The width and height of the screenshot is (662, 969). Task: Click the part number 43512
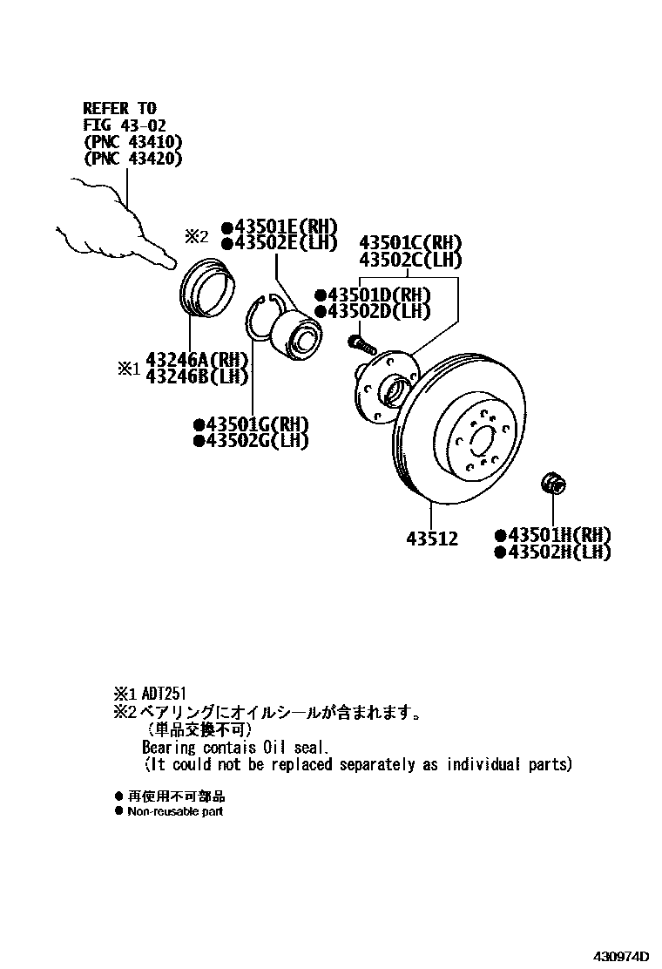click(431, 539)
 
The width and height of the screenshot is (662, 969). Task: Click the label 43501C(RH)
click(410, 243)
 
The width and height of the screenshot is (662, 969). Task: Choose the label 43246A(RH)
click(197, 360)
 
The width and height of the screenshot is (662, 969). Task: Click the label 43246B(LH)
click(197, 376)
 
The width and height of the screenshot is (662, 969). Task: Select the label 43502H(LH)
click(557, 552)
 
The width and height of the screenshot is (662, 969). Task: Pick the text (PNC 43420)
click(132, 159)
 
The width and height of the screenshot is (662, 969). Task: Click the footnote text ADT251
click(165, 695)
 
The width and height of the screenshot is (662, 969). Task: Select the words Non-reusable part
click(175, 811)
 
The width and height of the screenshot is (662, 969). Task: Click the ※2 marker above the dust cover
click(196, 235)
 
